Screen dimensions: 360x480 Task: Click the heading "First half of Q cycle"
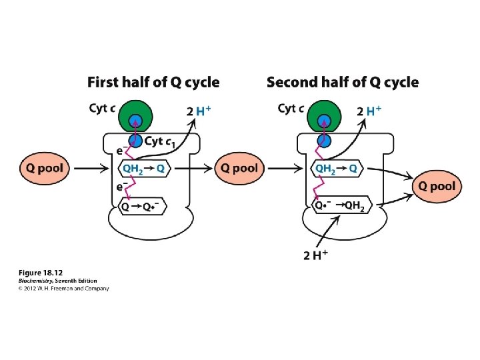pyautogui.click(x=153, y=83)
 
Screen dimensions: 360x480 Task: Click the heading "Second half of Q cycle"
pyautogui.click(x=343, y=83)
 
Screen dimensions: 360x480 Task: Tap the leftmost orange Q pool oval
pyautogui.click(x=45, y=168)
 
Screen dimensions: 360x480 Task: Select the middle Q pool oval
pyautogui.click(x=239, y=168)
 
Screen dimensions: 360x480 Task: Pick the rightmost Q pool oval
pyautogui.click(x=437, y=186)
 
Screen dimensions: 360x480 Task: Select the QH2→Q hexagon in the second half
pyautogui.click(x=336, y=169)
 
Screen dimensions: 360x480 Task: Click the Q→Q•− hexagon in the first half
pyautogui.click(x=142, y=207)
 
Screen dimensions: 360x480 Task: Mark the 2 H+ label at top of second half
pyautogui.click(x=370, y=111)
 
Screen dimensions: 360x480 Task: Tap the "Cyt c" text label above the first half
pyautogui.click(x=101, y=108)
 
